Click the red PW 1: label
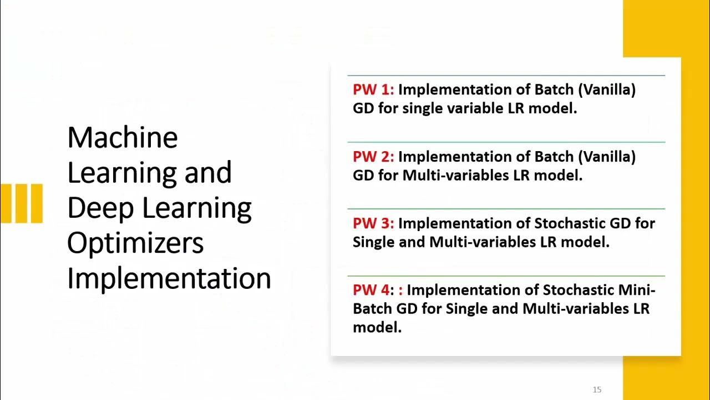point(373,90)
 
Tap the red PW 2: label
point(373,157)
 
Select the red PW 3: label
point(373,223)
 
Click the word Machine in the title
point(123,137)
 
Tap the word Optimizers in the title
point(135,243)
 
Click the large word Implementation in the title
point(169,278)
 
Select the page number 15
point(597,389)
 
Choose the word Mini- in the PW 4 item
point(634,290)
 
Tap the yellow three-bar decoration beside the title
point(22,203)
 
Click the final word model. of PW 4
point(377,328)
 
